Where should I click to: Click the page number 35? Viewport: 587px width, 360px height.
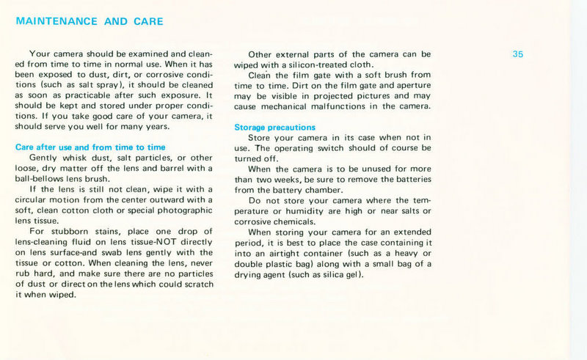pos(518,54)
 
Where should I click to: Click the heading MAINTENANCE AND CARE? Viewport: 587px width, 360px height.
pos(90,21)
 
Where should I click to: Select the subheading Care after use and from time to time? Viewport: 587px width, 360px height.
pos(90,147)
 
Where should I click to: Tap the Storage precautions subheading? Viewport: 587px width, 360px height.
pos(274,128)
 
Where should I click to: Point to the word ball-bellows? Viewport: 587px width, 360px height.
pos(41,178)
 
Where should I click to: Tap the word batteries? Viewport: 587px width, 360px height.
pos(412,180)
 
